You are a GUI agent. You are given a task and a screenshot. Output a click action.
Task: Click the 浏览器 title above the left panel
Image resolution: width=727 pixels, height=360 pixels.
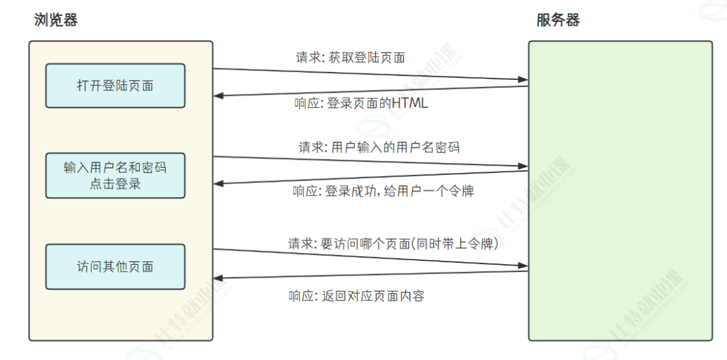click(x=56, y=20)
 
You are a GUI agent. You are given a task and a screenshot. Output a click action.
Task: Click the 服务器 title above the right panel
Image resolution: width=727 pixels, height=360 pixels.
click(x=558, y=20)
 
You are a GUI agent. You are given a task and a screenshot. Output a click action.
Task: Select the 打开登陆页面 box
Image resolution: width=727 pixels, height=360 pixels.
click(x=115, y=86)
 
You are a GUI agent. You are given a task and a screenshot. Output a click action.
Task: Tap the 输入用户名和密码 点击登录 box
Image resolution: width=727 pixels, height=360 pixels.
click(x=115, y=176)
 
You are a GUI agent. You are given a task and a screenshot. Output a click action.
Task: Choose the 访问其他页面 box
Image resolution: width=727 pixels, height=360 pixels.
click(x=115, y=266)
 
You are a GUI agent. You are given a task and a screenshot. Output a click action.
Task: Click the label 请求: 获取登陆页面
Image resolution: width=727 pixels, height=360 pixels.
click(x=351, y=58)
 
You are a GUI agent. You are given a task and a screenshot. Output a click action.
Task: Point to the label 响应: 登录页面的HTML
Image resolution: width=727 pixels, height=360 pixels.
click(x=361, y=104)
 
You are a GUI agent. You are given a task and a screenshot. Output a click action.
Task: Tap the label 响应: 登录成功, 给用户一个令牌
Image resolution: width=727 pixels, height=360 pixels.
click(x=383, y=192)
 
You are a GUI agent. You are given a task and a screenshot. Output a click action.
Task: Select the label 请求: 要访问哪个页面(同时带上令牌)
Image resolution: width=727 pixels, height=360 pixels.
click(x=393, y=244)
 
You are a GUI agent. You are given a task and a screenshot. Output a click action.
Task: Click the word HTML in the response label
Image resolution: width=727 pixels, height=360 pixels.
click(x=410, y=104)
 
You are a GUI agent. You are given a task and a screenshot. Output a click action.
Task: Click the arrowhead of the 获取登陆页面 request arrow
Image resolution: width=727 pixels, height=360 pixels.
click(x=523, y=81)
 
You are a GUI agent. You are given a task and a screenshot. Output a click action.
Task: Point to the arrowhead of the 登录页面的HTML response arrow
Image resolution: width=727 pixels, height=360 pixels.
click(x=218, y=96)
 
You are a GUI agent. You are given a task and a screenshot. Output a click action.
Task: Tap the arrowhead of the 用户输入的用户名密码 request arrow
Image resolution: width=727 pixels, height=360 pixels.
click(x=523, y=166)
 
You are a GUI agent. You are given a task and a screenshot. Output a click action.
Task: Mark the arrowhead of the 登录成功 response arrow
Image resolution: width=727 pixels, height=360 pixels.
click(x=218, y=183)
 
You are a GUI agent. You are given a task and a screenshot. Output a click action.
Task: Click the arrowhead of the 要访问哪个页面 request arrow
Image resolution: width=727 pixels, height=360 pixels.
click(x=523, y=265)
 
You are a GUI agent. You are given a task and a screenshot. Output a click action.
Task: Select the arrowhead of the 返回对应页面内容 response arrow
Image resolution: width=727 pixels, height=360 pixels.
click(x=218, y=277)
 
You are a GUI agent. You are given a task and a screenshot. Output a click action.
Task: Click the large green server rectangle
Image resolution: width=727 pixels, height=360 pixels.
click(x=620, y=190)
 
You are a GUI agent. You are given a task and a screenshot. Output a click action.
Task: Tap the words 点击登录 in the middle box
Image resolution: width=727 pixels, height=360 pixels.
click(x=115, y=184)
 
